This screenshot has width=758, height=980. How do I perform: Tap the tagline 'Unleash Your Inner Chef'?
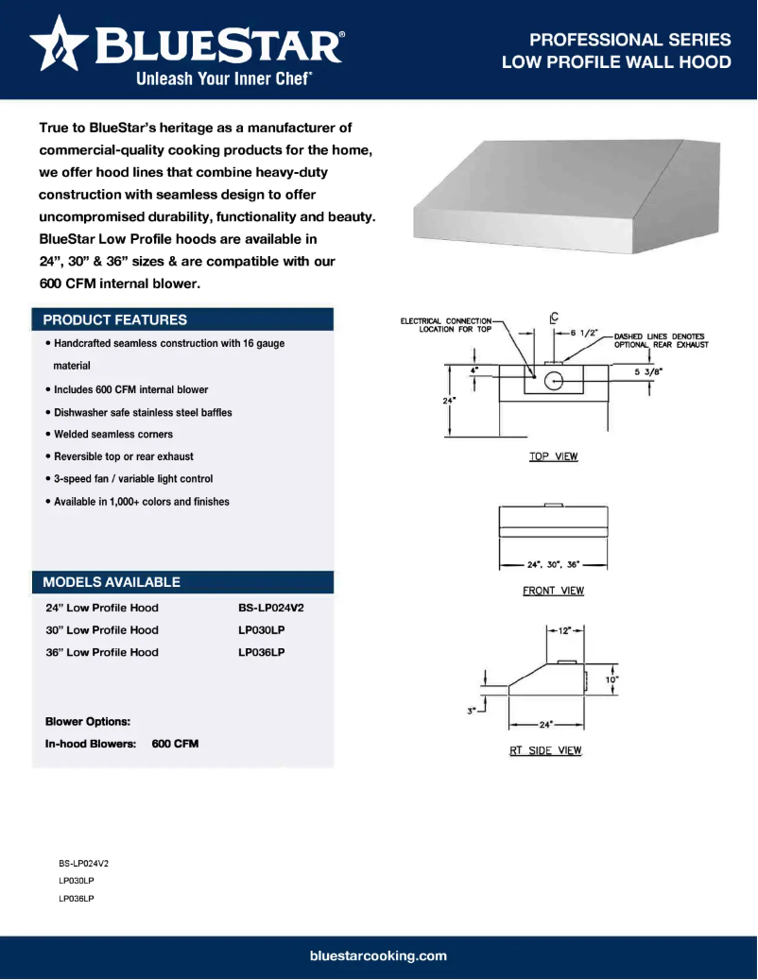pos(224,79)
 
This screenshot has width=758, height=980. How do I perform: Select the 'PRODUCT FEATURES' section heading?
pos(115,319)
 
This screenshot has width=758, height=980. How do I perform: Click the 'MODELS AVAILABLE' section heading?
pos(112,581)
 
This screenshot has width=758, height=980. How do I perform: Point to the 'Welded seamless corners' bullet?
pos(113,434)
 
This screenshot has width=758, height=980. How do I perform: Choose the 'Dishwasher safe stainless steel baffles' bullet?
pos(143,412)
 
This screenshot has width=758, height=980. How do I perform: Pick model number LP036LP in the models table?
pos(262,652)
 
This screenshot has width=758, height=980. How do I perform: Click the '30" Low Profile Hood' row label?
pos(102,630)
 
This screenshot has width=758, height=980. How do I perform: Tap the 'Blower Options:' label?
pos(88,721)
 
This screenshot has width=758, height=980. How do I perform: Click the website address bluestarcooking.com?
pos(378,955)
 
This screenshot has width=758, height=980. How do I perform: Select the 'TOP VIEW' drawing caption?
pos(553,456)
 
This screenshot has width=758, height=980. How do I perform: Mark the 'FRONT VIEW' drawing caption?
pos(553,591)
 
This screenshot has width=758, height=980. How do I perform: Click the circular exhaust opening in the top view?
pos(554,381)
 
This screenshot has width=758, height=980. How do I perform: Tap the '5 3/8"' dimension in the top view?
pos(648,371)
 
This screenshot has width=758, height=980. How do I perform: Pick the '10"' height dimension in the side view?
pos(612,679)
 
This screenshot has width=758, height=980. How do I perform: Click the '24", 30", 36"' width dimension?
pos(553,564)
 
